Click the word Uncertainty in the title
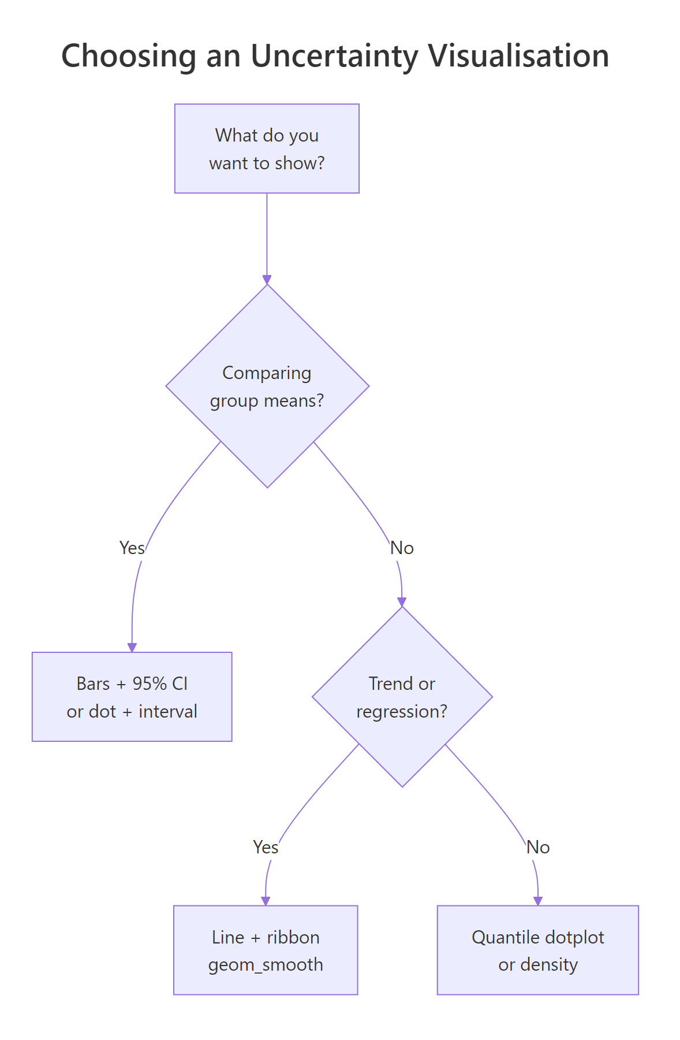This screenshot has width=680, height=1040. tap(334, 57)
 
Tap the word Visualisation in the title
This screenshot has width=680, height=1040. tap(518, 57)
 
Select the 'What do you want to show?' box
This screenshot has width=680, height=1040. tap(267, 148)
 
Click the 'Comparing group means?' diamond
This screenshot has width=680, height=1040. tap(267, 386)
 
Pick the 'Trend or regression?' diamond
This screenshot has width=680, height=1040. tap(402, 697)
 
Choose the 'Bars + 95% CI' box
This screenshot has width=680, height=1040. tap(132, 697)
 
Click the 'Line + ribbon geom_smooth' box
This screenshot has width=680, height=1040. tap(266, 950)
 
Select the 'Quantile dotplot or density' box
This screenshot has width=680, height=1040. tap(537, 950)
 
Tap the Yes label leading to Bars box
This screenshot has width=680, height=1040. tap(132, 548)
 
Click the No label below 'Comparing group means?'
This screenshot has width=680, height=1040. tap(402, 548)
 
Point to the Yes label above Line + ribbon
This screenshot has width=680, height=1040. tap(266, 847)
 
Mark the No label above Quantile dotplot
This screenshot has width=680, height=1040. tap(537, 847)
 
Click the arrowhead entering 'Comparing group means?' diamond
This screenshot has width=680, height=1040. tap(267, 280)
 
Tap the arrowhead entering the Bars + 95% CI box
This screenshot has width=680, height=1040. tap(132, 648)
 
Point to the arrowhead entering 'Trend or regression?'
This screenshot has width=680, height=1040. tap(402, 602)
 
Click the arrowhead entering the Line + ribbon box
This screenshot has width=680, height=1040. tap(266, 901)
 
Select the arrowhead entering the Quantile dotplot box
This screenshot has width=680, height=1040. tap(537, 901)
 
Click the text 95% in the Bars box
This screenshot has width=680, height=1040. tap(150, 684)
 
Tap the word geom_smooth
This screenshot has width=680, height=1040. tap(266, 964)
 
